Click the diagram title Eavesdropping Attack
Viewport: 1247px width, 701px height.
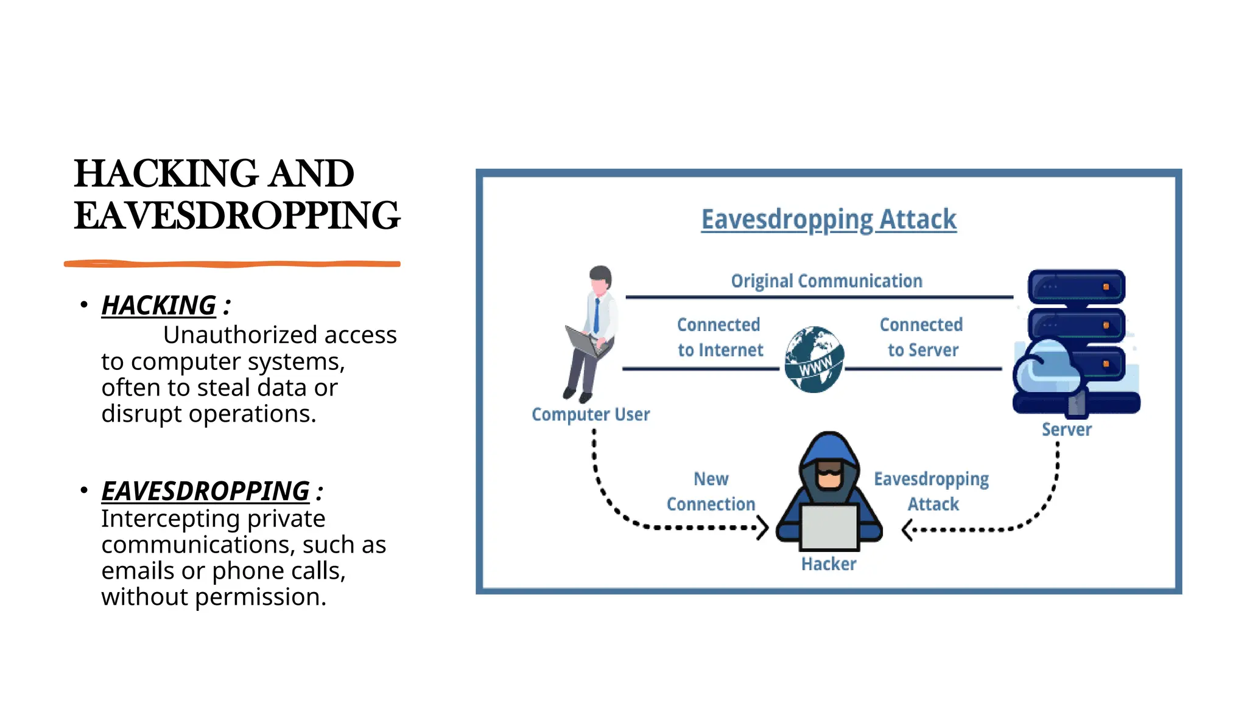(x=828, y=220)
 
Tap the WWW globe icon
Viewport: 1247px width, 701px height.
(x=814, y=360)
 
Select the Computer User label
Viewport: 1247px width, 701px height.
(x=590, y=414)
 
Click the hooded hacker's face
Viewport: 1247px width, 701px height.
(x=829, y=475)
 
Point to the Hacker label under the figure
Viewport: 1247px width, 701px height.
(x=828, y=564)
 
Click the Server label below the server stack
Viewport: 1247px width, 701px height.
(x=1066, y=430)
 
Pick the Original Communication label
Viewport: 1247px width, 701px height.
(x=826, y=281)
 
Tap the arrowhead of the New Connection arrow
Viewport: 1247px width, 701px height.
(x=762, y=528)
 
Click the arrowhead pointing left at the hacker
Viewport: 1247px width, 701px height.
(x=907, y=529)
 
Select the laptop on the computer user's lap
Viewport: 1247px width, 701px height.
(x=583, y=342)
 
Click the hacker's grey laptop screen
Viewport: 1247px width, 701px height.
(x=829, y=527)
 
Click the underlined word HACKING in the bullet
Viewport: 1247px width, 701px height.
(x=158, y=305)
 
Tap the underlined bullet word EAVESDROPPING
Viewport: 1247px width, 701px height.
(x=205, y=491)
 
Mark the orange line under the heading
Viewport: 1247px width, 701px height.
(x=232, y=263)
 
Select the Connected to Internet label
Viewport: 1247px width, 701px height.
(x=720, y=337)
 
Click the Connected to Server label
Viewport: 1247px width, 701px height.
(x=922, y=337)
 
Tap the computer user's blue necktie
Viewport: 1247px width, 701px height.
(x=597, y=316)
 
